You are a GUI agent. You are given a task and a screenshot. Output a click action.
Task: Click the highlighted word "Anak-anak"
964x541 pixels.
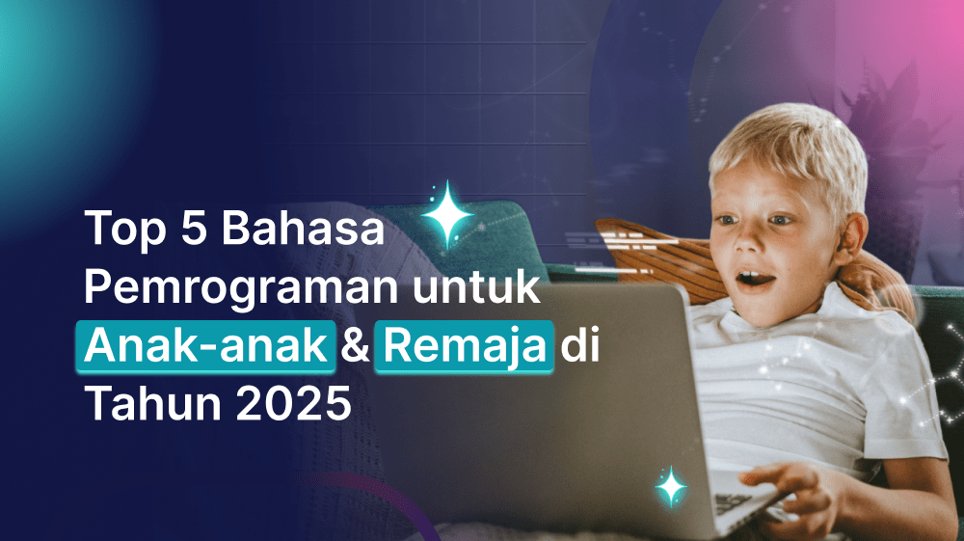pos(208,345)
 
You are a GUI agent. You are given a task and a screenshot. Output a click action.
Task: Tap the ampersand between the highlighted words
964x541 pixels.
pos(356,346)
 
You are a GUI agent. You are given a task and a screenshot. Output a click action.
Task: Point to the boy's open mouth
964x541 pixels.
pos(754,281)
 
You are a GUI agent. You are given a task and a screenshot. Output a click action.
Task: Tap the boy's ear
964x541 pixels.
pos(849,235)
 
